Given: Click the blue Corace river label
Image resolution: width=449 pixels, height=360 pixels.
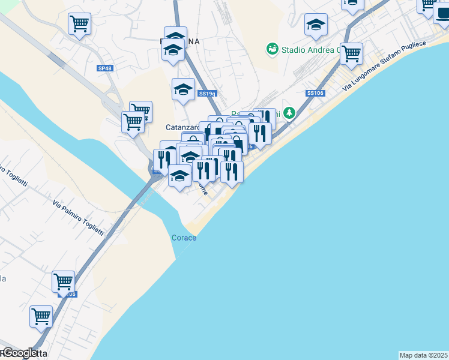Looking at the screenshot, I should coord(184,238).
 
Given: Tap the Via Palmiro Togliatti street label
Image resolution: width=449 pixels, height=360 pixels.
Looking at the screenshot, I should coord(78,218).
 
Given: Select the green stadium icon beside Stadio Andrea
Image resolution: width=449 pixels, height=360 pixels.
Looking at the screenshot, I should coord(272,48).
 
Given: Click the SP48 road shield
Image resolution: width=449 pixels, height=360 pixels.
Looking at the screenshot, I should coord(104,68).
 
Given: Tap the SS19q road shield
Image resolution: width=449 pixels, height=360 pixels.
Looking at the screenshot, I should coord(206,94).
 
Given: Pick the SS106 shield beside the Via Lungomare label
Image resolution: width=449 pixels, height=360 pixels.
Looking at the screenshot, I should coord(315,93).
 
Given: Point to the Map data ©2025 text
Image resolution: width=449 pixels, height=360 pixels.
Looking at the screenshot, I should coord(424,355).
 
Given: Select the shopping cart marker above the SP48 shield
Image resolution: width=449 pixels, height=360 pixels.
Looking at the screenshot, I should coord(79,24).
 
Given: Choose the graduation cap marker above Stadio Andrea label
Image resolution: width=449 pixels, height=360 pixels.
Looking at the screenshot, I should coord(316,25).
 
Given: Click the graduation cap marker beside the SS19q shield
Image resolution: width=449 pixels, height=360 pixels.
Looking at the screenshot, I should coord(183,90).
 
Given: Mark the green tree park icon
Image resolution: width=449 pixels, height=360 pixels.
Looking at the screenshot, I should coord(291,112).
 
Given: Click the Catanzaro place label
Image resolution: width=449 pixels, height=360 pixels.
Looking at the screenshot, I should coord(182,127).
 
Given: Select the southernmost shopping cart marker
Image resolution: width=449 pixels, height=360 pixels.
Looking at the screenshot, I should coord(41,316).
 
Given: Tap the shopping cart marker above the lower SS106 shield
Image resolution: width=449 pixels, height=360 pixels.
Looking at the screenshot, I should coord(62,280).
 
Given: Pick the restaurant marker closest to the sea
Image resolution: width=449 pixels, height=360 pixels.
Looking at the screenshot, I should coord(232,172).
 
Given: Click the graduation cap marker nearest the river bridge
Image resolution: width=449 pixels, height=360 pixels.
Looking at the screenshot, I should coord(179,176).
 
